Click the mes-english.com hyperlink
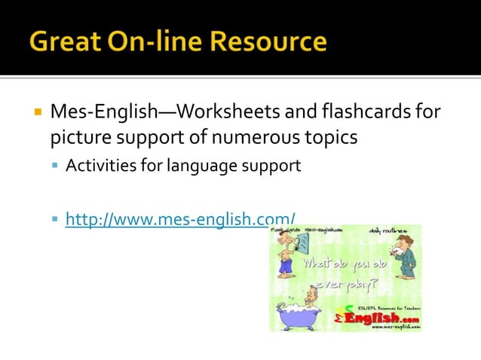(180, 220)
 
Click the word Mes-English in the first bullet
(102, 113)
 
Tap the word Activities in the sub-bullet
(97, 166)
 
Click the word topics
(329, 139)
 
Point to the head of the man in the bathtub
(311, 293)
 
